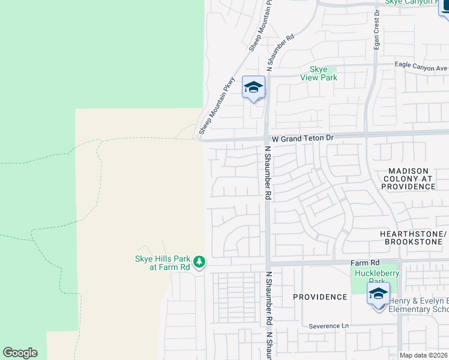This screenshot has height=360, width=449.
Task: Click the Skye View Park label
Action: [x=323, y=73]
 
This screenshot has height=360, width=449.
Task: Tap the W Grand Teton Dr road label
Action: [x=302, y=138]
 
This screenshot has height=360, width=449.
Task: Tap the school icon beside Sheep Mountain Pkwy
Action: [x=253, y=88]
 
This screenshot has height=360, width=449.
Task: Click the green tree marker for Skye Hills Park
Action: [x=199, y=262]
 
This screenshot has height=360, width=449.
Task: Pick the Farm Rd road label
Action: [x=366, y=263]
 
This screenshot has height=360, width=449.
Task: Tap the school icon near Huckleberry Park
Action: [x=378, y=295]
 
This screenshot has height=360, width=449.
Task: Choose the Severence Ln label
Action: [x=328, y=326]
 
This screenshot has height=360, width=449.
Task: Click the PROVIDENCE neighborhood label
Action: [x=320, y=297]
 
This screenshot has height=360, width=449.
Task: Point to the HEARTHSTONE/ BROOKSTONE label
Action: [x=414, y=238]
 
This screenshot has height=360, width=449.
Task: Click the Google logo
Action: [x=20, y=352]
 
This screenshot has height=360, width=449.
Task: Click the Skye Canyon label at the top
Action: [x=411, y=2]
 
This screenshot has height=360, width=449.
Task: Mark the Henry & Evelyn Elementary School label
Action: [x=418, y=305]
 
